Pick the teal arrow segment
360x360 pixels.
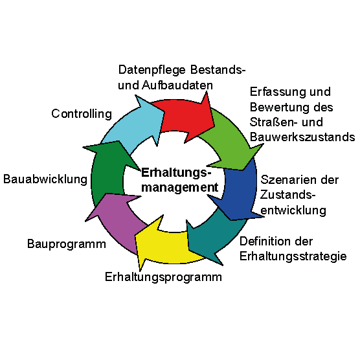214,236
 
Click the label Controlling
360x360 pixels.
82,114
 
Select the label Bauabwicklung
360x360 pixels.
45,179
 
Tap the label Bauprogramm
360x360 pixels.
67,244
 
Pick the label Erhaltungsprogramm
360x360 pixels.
163,277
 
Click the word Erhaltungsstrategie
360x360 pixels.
293,256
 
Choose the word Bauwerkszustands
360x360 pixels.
302,137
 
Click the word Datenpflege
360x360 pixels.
152,70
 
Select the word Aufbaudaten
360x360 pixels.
177,85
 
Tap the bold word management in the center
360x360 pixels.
179,188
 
